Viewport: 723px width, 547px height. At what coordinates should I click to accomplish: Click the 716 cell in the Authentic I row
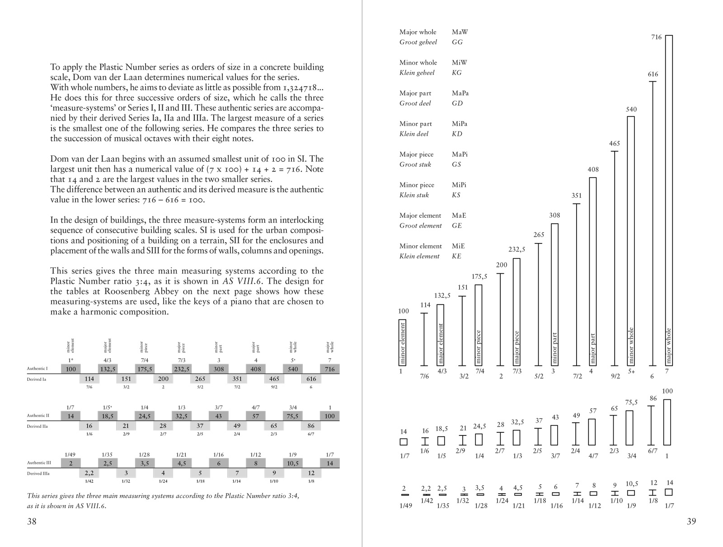pyautogui.click(x=330, y=369)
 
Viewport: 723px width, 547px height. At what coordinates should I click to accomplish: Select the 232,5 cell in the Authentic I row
pyautogui.click(x=182, y=369)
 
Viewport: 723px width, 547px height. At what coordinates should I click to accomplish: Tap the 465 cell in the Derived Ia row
pyautogui.click(x=274, y=379)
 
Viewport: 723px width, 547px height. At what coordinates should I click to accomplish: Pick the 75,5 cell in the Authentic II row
pyautogui.click(x=292, y=416)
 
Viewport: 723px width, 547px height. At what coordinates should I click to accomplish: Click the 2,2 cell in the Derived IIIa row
pyautogui.click(x=89, y=473)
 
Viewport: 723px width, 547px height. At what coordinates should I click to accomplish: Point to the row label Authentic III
pyautogui.click(x=39, y=463)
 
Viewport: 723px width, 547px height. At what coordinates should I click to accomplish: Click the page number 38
pyautogui.click(x=32, y=521)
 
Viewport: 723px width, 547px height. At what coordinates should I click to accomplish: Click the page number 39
pyautogui.click(x=691, y=521)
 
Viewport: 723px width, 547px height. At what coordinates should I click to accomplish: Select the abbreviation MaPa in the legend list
pyautogui.click(x=460, y=93)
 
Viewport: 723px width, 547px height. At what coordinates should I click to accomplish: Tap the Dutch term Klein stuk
pyautogui.click(x=414, y=195)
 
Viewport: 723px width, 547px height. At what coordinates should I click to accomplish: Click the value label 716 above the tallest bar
pyautogui.click(x=656, y=37)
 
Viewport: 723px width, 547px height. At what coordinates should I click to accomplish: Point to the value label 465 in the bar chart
pyautogui.click(x=615, y=144)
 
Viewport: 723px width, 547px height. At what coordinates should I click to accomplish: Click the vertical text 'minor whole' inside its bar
pyautogui.click(x=631, y=346)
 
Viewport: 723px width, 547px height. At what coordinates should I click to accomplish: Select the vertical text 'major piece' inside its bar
pyautogui.click(x=517, y=347)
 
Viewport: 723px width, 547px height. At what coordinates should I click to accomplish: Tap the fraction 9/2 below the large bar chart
pyautogui.click(x=615, y=376)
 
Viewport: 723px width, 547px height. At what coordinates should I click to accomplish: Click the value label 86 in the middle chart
pyautogui.click(x=653, y=398)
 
